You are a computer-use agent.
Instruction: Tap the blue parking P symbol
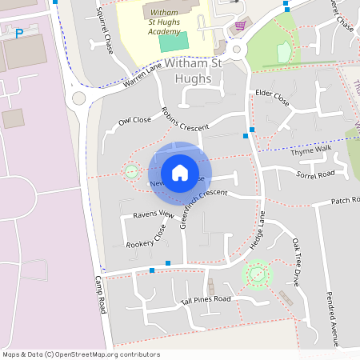18,34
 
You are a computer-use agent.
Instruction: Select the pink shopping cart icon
240,26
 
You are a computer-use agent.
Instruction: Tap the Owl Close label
134,122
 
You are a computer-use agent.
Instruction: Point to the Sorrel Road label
314,174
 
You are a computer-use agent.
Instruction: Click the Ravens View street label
154,214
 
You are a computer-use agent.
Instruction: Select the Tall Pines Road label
206,300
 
